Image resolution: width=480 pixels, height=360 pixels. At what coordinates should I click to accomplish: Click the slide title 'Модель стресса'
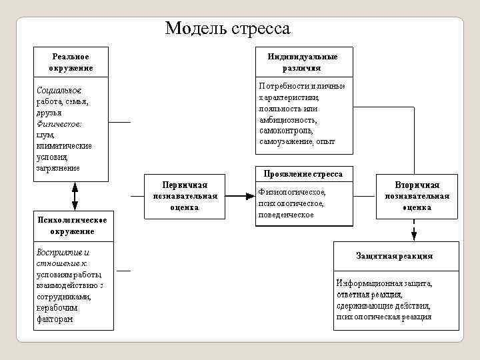[227, 29]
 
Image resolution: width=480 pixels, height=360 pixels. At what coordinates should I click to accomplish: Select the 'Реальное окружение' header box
[71, 62]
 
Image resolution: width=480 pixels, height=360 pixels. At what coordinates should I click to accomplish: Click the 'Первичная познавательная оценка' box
[185, 195]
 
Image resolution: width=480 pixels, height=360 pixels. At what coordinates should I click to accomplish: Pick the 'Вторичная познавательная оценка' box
[417, 195]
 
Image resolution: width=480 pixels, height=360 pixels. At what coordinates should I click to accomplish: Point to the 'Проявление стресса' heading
[303, 173]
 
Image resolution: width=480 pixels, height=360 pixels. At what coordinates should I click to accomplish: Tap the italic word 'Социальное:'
[59, 89]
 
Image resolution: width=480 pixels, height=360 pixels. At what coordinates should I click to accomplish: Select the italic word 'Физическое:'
[59, 123]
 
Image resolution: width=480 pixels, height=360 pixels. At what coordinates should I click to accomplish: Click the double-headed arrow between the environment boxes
[75, 197]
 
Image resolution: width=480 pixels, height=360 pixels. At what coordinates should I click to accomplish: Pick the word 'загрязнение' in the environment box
[58, 168]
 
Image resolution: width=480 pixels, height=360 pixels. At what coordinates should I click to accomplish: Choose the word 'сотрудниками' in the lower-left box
[63, 297]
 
